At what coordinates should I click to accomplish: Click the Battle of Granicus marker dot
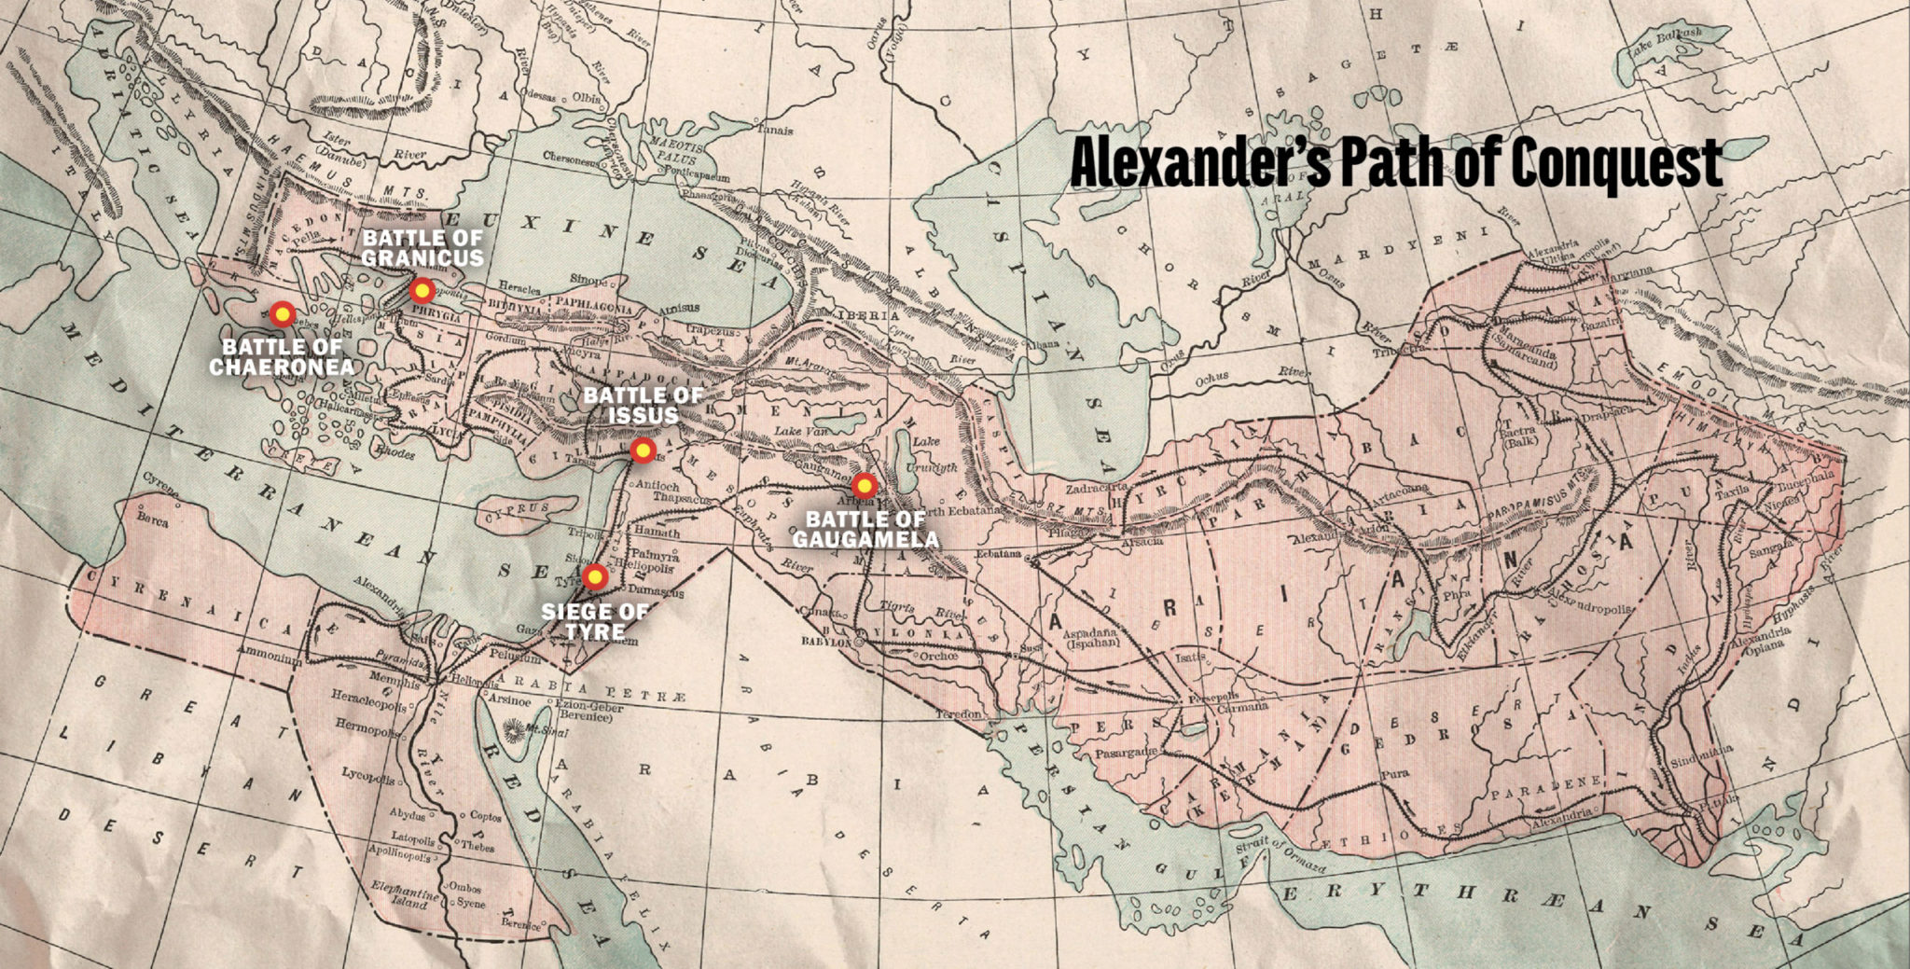pyautogui.click(x=422, y=290)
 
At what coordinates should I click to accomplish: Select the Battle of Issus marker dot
pyautogui.click(x=642, y=450)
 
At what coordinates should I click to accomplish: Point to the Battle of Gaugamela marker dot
pyautogui.click(x=865, y=485)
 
